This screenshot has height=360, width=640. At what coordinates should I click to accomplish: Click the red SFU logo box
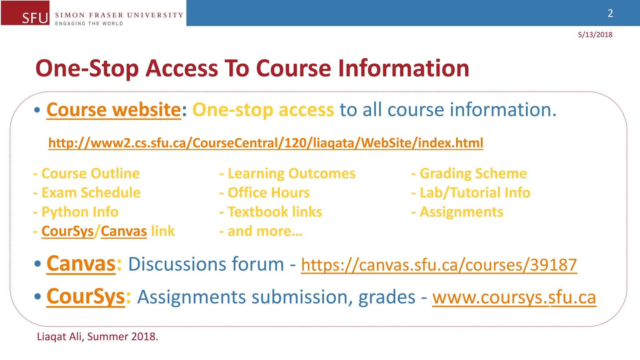coord(25,13)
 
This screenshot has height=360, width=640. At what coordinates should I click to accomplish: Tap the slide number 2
coord(610,13)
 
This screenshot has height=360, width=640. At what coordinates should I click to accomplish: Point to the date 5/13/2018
coord(595,35)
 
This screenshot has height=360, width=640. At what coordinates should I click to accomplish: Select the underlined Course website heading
coord(114,110)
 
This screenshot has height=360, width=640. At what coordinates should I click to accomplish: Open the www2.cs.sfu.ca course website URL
coord(266,143)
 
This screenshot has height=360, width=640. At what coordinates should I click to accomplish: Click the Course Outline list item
coord(90,173)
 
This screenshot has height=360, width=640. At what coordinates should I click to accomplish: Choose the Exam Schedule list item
coord(91,192)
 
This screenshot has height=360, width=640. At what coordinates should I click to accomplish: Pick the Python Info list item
coord(80,212)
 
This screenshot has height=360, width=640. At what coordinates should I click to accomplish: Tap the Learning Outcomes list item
coord(291,173)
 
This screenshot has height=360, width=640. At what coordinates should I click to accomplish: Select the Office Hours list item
coord(268,192)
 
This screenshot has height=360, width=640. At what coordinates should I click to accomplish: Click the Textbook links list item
coord(274,212)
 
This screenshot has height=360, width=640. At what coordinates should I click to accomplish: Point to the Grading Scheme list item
coord(473,173)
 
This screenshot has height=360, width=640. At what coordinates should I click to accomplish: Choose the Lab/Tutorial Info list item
coord(475,192)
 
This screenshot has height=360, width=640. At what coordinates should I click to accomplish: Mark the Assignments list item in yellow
coord(461,212)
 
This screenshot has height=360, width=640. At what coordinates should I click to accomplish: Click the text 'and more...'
coord(265,231)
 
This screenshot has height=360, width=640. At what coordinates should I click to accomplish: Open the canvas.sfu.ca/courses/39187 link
coord(439,265)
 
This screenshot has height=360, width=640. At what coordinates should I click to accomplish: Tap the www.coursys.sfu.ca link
coord(514,297)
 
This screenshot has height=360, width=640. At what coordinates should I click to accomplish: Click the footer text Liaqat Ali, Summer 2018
coord(97,337)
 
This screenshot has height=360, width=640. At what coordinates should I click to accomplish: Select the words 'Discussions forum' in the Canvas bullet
coord(206,264)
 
